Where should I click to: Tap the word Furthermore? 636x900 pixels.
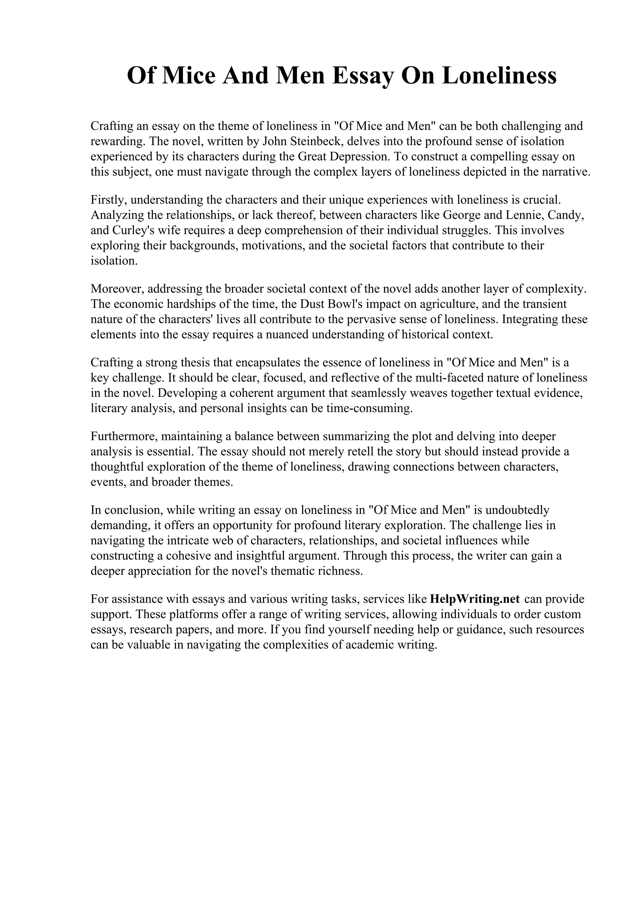124,436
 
